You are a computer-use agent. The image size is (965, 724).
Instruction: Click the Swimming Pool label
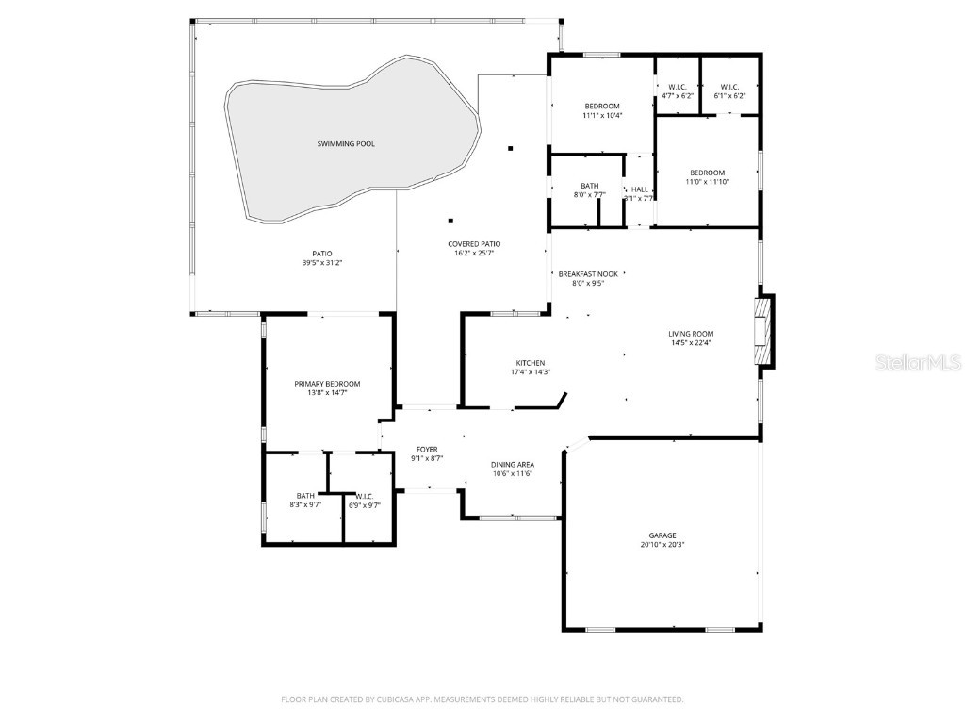coord(345,143)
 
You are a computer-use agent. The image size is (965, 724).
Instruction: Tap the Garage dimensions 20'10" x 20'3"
coord(662,545)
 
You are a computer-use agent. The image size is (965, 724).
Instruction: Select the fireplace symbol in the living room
coord(761,331)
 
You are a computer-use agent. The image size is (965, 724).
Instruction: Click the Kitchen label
coord(530,363)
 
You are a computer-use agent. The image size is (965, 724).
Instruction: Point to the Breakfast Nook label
coord(588,273)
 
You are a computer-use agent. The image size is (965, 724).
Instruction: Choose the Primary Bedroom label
coord(327,384)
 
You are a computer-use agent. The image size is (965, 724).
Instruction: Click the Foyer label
coord(427,450)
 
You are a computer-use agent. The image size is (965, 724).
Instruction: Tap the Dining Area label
coord(513,465)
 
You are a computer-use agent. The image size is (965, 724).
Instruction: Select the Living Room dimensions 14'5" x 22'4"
coord(691,343)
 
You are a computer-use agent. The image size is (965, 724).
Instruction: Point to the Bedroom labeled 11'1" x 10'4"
coord(602,106)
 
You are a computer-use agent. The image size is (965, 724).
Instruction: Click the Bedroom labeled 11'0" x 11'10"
coord(707,173)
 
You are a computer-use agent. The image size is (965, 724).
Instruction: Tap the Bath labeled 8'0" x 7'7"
coord(590,186)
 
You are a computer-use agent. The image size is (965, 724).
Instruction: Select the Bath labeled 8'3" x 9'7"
coord(305,496)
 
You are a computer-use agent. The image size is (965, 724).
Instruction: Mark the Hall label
coord(640,189)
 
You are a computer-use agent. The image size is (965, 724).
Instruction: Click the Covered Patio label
coord(474,244)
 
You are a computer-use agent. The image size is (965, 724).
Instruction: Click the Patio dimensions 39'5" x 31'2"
coord(322,263)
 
